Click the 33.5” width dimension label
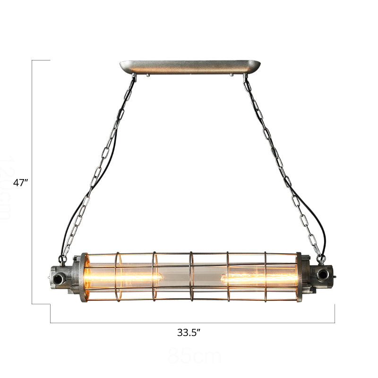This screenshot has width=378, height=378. click(189, 333)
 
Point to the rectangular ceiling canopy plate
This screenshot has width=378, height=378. click(190, 66)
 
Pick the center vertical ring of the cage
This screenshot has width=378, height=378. click(190, 276)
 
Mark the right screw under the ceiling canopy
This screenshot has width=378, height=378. click(231, 74)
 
